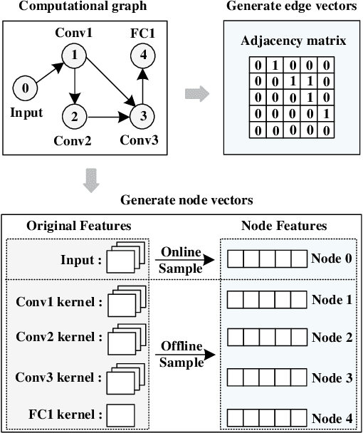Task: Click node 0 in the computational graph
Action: (x=26, y=89)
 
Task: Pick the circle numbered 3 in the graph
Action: (x=143, y=113)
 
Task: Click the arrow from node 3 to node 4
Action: (x=143, y=84)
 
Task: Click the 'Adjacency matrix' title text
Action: (x=293, y=41)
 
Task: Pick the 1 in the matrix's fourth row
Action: (x=325, y=113)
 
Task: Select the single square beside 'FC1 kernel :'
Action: (x=122, y=414)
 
